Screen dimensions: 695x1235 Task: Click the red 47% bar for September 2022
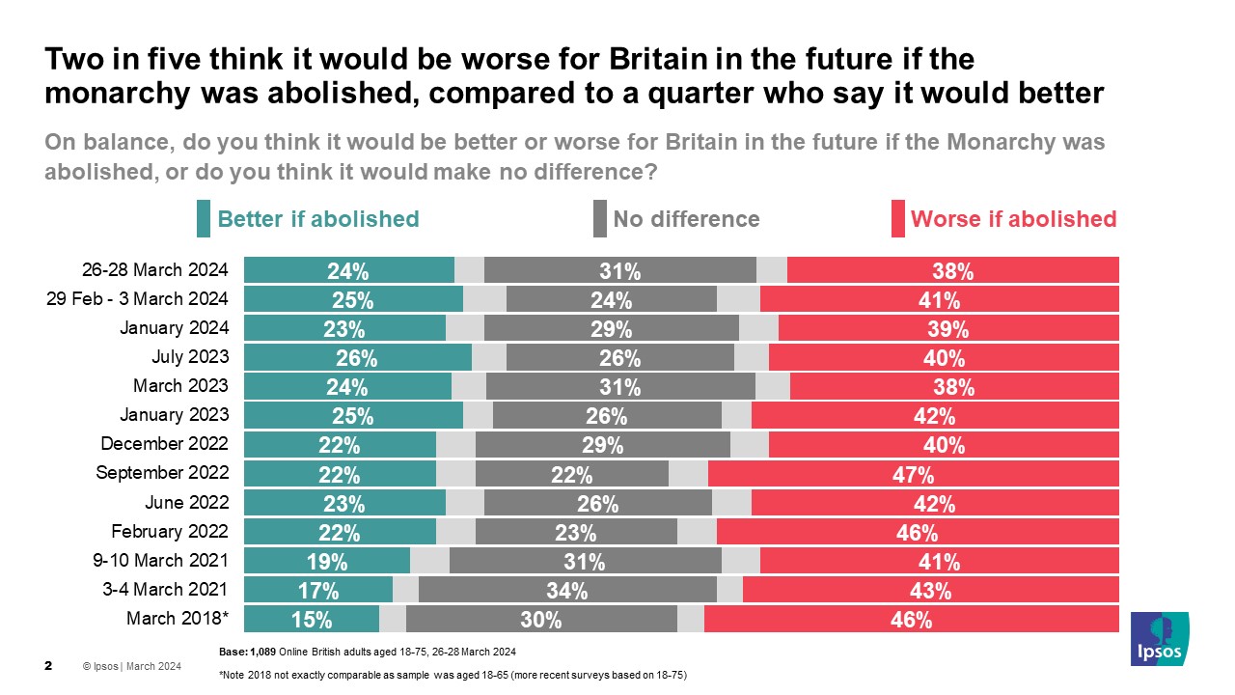pos(913,474)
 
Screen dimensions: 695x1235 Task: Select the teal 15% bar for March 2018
pos(312,620)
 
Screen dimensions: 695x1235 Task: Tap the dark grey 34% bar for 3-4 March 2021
pos(567,591)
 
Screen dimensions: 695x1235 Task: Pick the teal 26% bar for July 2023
pos(357,358)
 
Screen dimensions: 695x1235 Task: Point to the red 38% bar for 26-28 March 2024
pos(952,271)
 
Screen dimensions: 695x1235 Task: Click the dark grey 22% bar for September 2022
pos(571,474)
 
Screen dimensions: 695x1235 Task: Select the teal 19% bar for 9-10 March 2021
pos(327,562)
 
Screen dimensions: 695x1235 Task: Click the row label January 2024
pos(174,328)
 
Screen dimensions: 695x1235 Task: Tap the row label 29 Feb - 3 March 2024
pos(137,299)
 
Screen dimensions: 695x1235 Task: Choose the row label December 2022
pos(165,444)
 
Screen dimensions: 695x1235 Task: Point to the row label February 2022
pos(170,531)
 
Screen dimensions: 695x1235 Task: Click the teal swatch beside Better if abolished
pos(203,219)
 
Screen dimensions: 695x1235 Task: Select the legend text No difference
pos(686,219)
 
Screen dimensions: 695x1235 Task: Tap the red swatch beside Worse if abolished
pos(897,219)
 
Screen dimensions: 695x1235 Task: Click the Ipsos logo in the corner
pos(1159,638)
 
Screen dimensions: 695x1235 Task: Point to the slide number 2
pos(49,666)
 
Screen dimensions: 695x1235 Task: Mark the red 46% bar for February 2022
pos(918,533)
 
